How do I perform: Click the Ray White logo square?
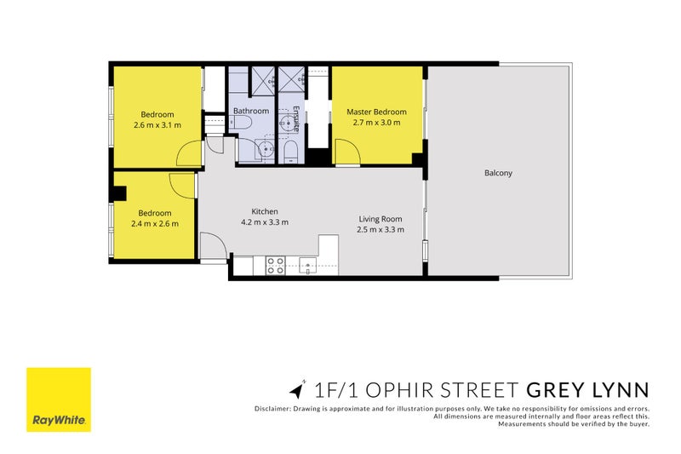pos(59,399)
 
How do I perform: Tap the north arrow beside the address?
pos(296,389)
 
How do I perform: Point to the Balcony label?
pos(498,173)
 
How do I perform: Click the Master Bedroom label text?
pos(376,112)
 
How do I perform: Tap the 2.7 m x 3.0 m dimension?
pos(376,123)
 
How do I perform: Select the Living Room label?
pos(381,219)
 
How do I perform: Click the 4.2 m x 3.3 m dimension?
pos(265,222)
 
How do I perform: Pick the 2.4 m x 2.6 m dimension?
pos(155,224)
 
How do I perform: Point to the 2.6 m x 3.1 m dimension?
pos(157,125)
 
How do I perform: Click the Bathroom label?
pos(251,111)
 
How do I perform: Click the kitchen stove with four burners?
pos(275,266)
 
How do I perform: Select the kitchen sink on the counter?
pos(308,265)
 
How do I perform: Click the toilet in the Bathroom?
pos(242,123)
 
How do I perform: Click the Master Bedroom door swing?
pos(348,152)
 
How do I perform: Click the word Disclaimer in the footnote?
pos(272,408)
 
